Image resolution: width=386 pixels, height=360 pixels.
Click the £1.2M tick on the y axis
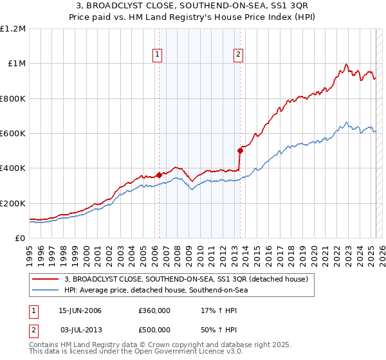(13, 28)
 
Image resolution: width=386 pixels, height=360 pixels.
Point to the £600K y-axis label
(13, 133)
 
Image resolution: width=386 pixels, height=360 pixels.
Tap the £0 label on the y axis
(21, 238)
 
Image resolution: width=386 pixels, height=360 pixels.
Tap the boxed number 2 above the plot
(238, 55)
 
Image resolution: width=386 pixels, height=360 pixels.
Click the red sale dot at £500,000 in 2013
(239, 151)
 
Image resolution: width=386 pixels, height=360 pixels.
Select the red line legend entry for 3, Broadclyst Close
(187, 279)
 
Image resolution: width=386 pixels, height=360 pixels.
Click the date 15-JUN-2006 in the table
(80, 310)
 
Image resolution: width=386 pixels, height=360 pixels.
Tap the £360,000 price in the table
(154, 310)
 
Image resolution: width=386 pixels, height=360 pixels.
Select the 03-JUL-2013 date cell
(80, 329)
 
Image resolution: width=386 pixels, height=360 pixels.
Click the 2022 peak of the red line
(346, 64)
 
